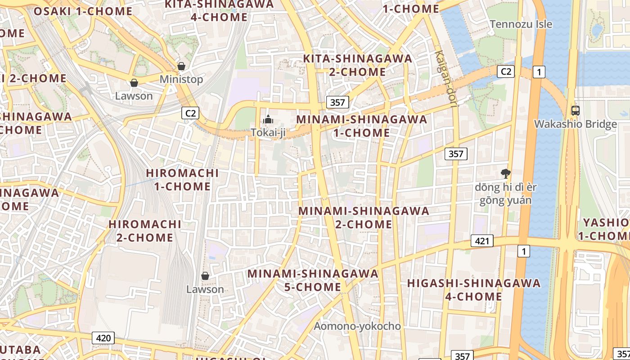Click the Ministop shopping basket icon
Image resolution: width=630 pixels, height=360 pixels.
[x=181, y=67]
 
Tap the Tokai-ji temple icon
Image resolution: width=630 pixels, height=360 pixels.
[x=268, y=120]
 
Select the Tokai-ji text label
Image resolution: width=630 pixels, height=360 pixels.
[x=269, y=133]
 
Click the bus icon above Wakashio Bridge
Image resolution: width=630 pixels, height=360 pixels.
[x=575, y=110]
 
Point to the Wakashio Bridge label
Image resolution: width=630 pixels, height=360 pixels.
[x=575, y=124]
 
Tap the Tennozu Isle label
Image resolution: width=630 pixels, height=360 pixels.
[x=521, y=24]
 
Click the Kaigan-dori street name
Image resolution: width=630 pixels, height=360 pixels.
[x=446, y=78]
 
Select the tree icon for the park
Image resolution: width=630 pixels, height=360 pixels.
[x=505, y=173]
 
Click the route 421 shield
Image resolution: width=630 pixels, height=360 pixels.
[x=482, y=241]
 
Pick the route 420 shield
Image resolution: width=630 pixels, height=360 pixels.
[x=103, y=338]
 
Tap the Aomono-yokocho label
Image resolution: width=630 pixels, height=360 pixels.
[x=357, y=326]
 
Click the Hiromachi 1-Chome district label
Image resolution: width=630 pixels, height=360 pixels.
[x=183, y=180]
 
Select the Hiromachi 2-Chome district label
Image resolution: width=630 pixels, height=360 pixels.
[x=145, y=230]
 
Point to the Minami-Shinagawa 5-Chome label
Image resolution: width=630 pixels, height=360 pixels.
[x=313, y=280]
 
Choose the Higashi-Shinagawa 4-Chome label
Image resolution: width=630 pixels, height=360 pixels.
[x=474, y=289]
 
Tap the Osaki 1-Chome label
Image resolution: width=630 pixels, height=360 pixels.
[x=83, y=11]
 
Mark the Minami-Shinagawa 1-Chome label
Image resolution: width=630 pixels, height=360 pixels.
[x=362, y=126]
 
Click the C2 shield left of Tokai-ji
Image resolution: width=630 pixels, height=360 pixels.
[x=191, y=113]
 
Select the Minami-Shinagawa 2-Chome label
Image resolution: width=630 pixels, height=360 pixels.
[x=364, y=217]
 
